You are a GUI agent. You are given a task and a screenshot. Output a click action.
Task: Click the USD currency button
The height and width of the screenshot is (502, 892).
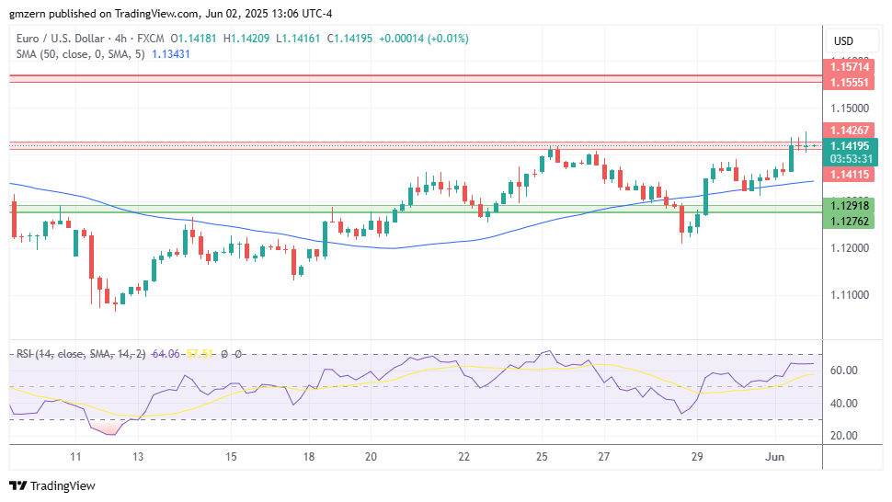pos(843,40)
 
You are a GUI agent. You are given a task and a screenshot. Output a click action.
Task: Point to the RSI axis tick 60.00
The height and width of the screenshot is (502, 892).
pos(845,371)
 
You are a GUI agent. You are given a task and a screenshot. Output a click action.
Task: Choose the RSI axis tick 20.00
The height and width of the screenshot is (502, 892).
pos(845,436)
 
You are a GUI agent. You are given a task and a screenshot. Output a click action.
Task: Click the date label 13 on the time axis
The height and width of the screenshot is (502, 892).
pos(138,456)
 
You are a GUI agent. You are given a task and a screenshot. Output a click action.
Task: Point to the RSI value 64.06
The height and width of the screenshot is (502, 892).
pos(166,354)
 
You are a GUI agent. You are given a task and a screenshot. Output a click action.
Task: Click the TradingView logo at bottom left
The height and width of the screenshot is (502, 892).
pos(52,485)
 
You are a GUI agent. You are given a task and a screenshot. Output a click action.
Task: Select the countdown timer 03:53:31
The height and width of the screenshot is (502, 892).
pos(852,158)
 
